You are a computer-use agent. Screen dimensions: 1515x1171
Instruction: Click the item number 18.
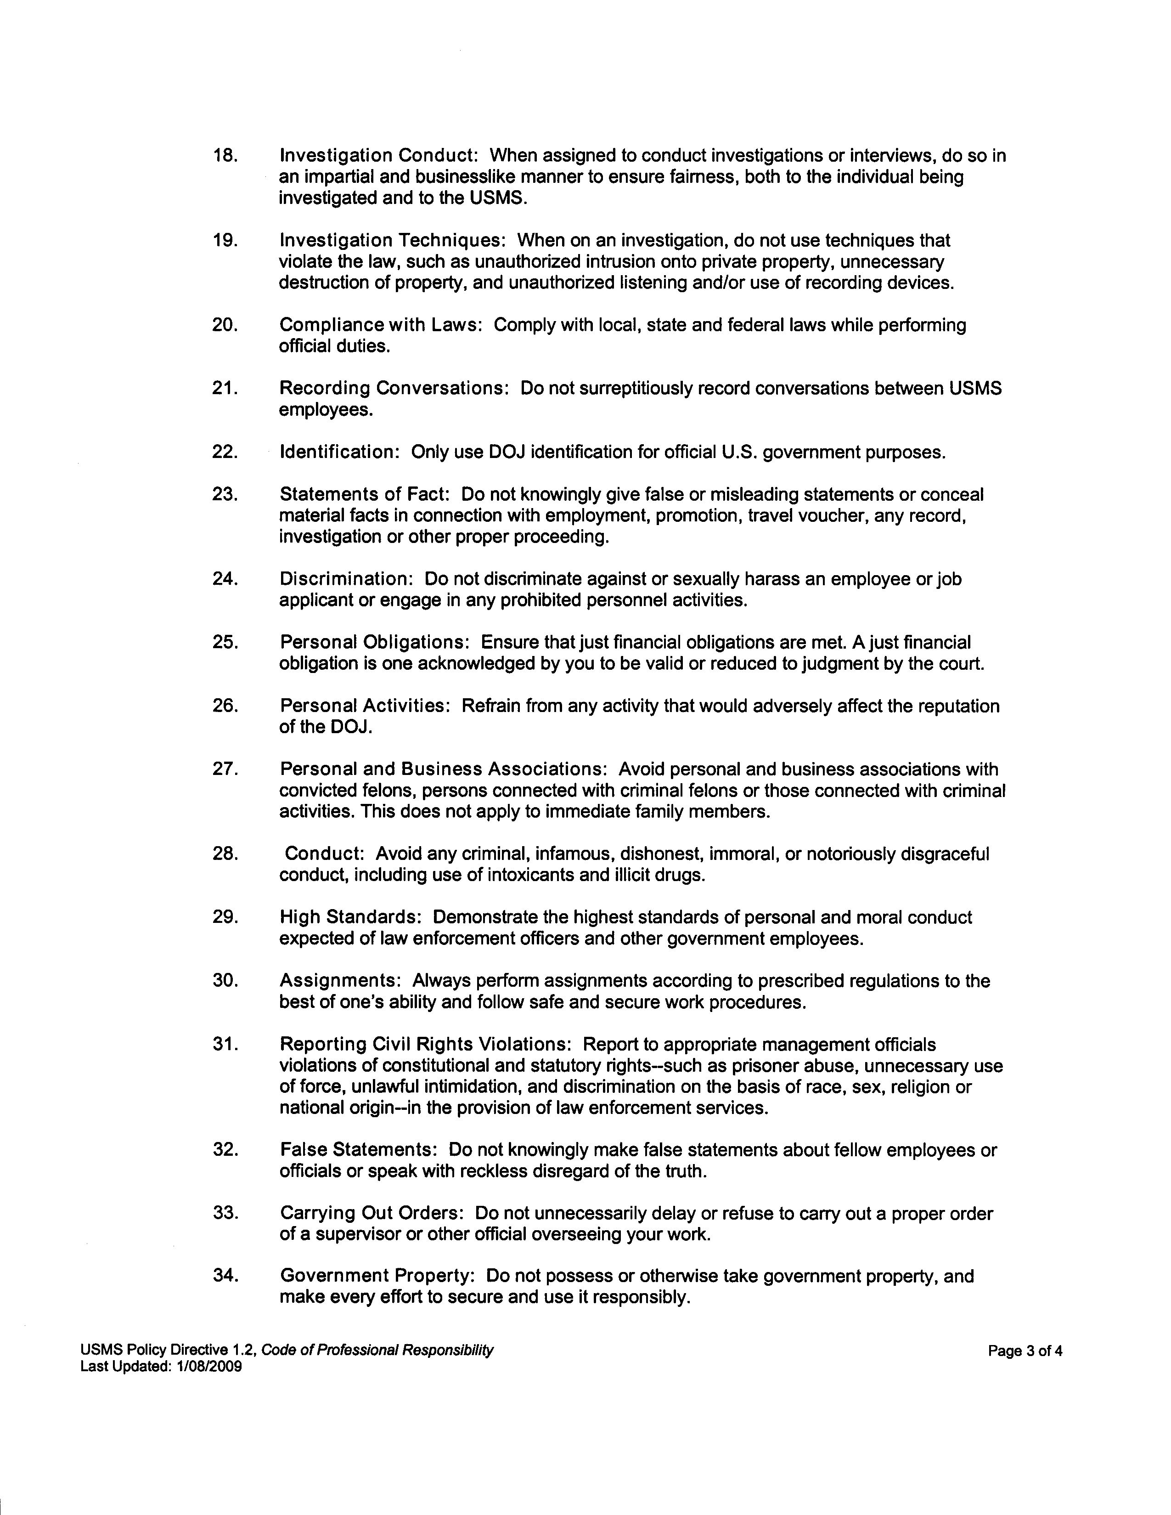pyautogui.click(x=225, y=155)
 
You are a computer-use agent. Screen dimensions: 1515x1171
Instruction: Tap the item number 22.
pyautogui.click(x=225, y=452)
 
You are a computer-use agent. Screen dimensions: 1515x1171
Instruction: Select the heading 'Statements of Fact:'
pyautogui.click(x=365, y=495)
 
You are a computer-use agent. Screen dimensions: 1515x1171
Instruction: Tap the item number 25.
pyautogui.click(x=225, y=642)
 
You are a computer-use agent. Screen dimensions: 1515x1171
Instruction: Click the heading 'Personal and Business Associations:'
pyautogui.click(x=444, y=769)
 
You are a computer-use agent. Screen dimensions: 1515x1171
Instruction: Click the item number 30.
pyautogui.click(x=225, y=981)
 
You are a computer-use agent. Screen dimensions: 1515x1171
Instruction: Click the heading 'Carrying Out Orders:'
pyautogui.click(x=372, y=1214)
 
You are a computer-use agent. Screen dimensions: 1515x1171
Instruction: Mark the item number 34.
pyautogui.click(x=225, y=1277)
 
